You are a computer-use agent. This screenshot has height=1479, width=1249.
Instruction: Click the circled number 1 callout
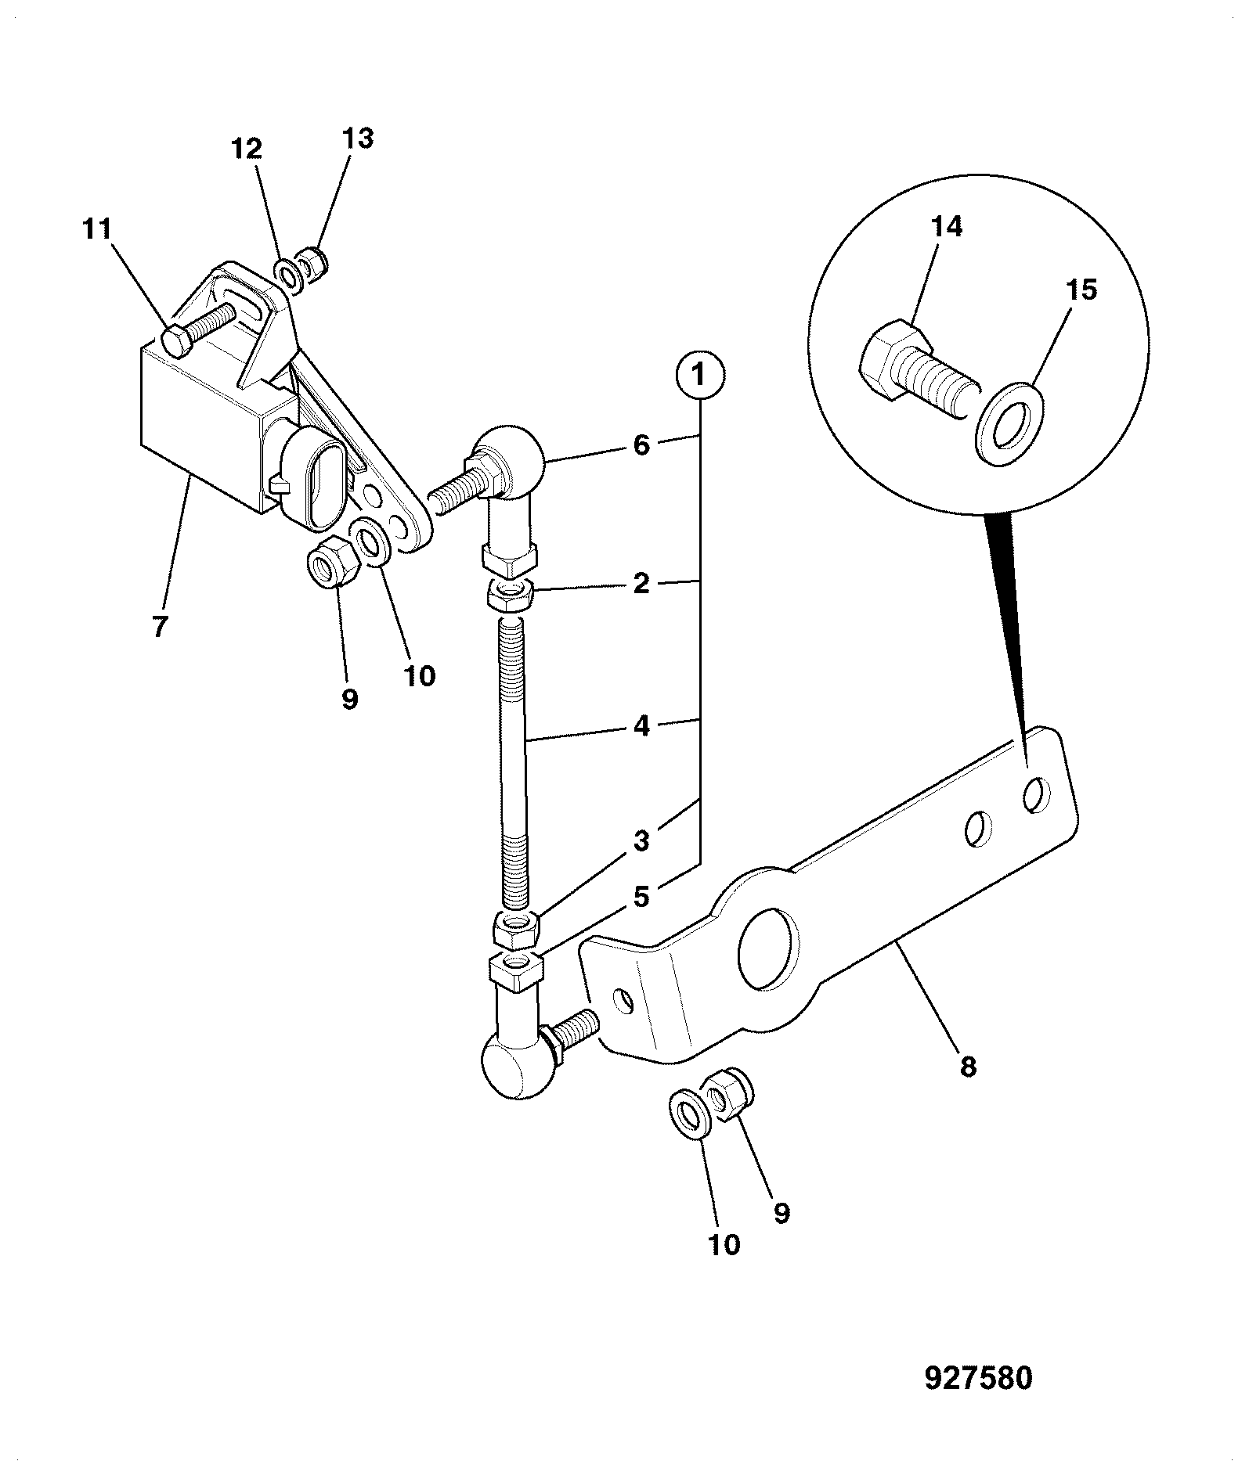coord(699,376)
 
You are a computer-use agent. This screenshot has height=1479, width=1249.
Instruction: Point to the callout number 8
coord(968,1067)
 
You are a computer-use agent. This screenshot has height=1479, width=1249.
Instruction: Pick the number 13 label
coord(357,139)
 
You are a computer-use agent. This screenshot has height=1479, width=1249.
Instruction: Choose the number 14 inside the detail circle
coord(948,227)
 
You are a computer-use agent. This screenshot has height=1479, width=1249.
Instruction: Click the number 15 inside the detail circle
coord(1081,290)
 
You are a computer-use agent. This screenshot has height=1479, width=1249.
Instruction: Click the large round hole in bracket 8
coord(767,948)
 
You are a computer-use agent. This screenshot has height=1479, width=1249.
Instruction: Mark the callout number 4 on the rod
coord(641,725)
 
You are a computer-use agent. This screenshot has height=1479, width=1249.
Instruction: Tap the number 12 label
coord(247,149)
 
